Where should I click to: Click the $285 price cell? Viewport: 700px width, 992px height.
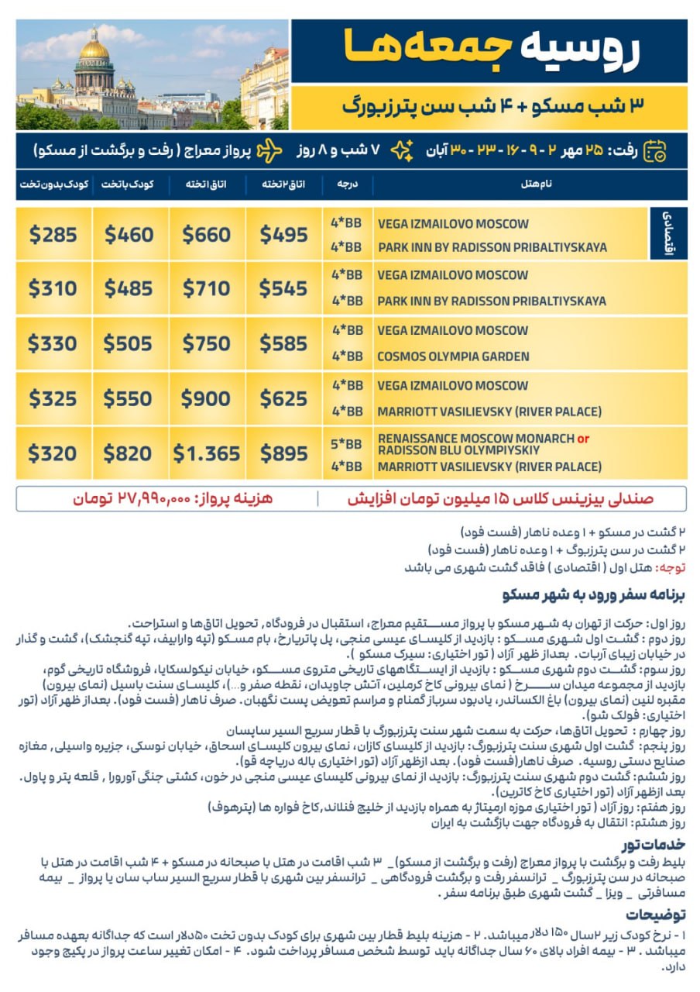(53, 234)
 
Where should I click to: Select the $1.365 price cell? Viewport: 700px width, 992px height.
(206, 454)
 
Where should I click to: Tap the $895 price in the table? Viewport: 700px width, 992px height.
(283, 454)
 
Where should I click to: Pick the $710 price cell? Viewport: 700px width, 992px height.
(206, 288)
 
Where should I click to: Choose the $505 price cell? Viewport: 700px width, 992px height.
(129, 343)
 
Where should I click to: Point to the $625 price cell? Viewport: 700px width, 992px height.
(283, 398)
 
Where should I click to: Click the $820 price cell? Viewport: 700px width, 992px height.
(129, 454)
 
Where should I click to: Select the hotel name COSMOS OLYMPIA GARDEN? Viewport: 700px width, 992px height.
(453, 356)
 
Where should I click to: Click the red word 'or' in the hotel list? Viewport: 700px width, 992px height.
(583, 439)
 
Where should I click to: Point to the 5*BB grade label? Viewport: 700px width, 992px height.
(346, 444)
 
